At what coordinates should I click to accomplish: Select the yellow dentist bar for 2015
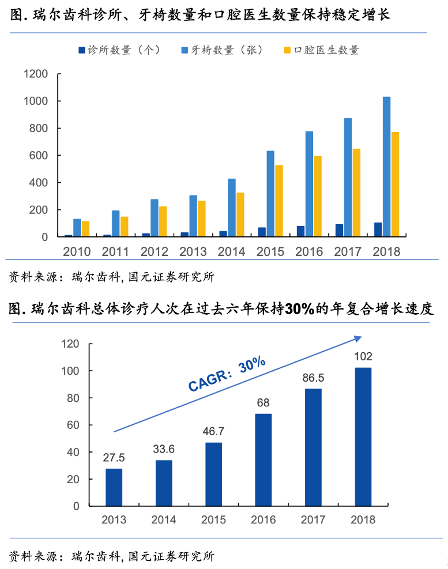coord(279,201)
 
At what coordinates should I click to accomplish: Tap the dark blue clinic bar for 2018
coord(378,229)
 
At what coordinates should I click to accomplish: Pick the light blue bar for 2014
coord(231,208)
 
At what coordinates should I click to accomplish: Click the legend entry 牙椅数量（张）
coord(221,50)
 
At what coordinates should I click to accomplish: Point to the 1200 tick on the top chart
coord(35,74)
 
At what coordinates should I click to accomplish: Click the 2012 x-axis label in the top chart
coord(155,252)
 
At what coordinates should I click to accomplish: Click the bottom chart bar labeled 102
coord(363,436)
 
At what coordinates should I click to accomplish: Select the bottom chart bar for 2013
coord(114,487)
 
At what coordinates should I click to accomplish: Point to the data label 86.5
coord(313,378)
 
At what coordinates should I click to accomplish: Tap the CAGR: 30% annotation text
coord(227,375)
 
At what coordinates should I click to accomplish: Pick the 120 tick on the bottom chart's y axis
coord(70,344)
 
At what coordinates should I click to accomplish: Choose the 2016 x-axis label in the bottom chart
coord(263,520)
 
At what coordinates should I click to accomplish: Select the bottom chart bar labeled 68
coord(263,459)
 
